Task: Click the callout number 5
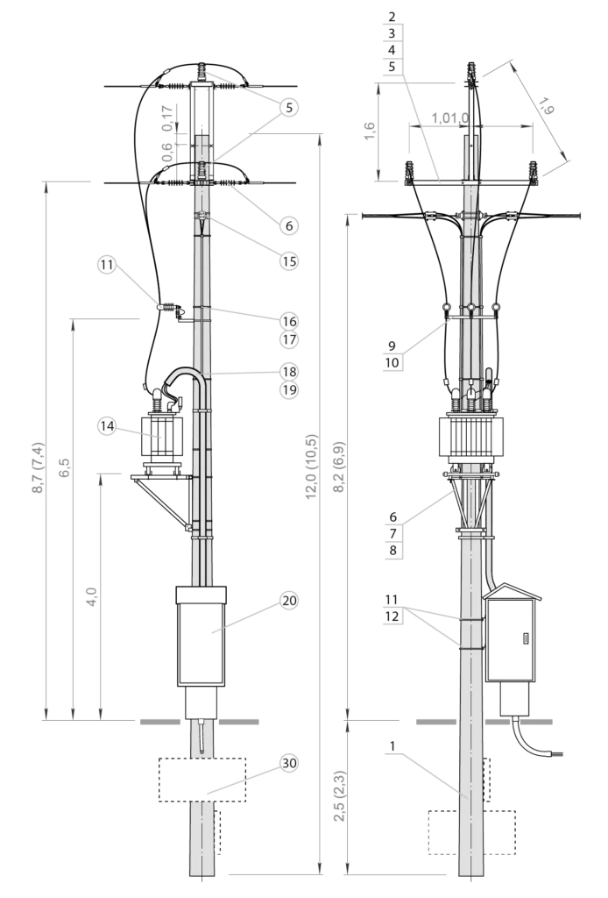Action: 289,107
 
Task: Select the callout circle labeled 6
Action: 289,225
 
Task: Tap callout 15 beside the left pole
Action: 289,260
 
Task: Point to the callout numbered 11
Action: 107,264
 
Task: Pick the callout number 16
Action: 289,322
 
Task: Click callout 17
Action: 289,339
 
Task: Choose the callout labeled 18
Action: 289,372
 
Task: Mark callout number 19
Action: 289,389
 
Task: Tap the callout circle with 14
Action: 107,425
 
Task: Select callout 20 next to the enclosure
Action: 289,601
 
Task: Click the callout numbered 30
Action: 289,763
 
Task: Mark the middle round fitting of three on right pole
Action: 471,308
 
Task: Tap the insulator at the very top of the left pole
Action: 202,69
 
